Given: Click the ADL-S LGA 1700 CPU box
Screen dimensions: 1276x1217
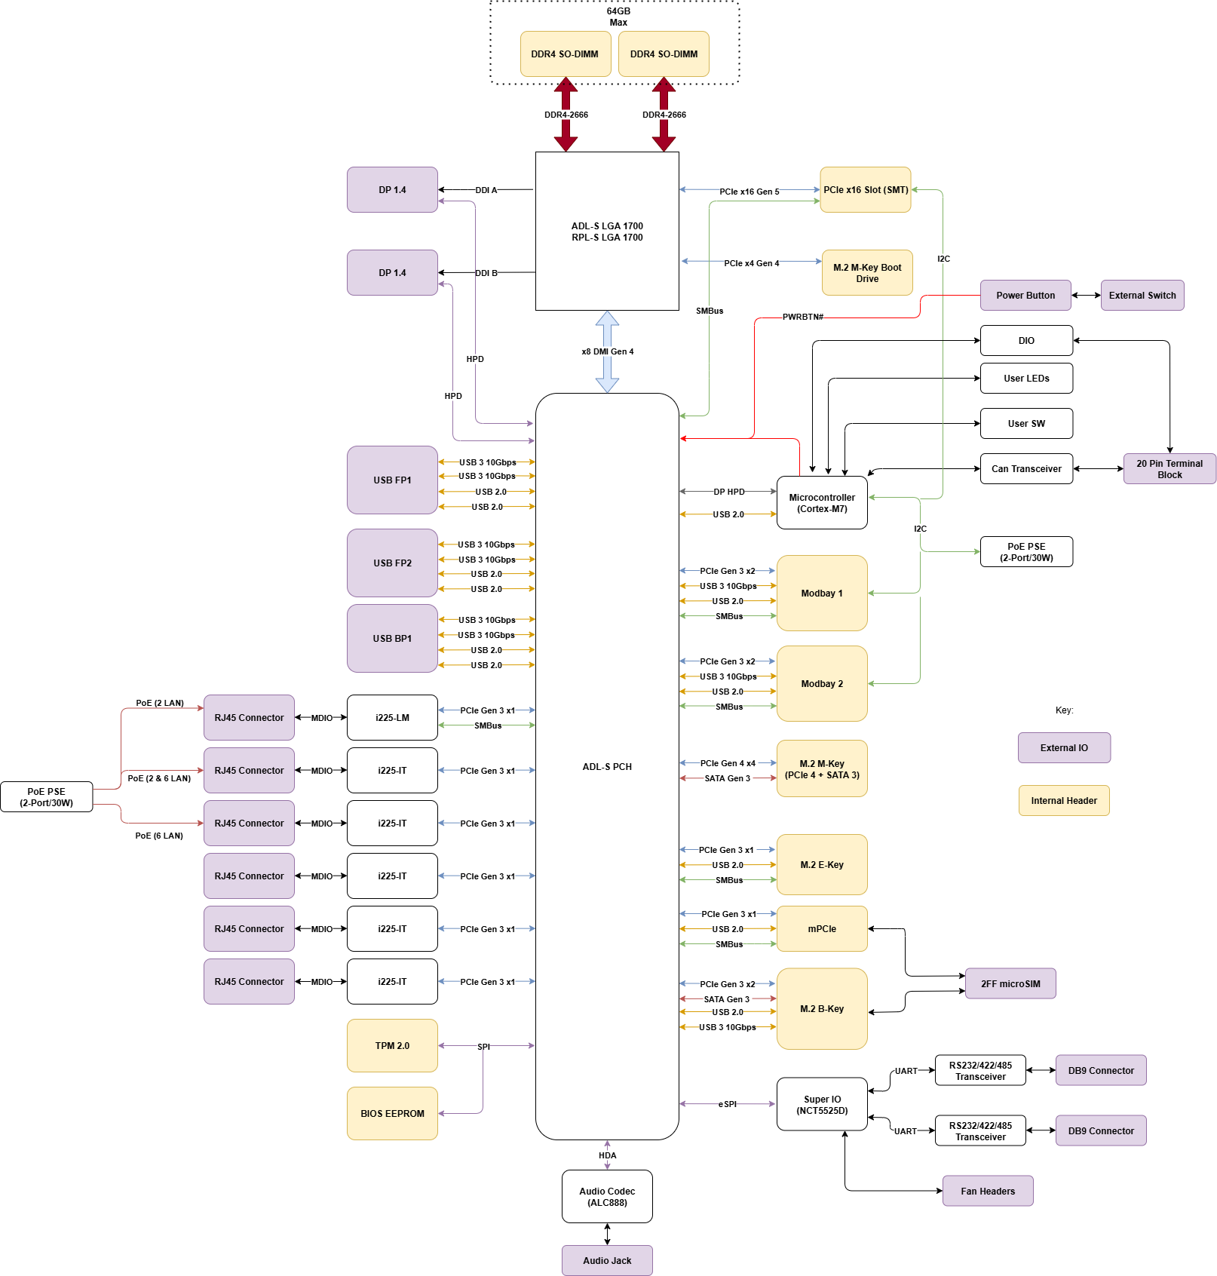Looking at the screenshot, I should click(607, 231).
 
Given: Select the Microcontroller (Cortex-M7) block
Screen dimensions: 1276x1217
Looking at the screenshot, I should click(822, 502).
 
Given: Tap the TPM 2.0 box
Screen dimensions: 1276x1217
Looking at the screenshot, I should click(392, 1045).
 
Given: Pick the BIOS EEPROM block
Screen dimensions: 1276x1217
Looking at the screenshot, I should click(392, 1113).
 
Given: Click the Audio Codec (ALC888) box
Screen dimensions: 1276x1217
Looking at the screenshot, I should click(607, 1196).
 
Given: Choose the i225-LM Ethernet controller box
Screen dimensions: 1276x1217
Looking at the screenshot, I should click(392, 717).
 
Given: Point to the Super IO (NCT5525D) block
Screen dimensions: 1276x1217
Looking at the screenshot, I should click(822, 1104).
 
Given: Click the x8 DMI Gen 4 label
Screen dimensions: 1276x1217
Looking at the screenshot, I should click(607, 351).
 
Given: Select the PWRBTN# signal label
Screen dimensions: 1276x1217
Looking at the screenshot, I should click(802, 317).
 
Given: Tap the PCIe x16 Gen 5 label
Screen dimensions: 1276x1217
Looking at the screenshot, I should click(749, 192).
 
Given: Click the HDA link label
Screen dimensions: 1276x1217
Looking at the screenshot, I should click(607, 1155).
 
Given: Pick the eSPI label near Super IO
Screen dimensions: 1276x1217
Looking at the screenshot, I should click(727, 1104).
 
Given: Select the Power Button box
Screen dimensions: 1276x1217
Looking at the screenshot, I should click(1025, 295).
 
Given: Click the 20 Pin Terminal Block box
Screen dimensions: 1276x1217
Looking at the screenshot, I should click(1169, 468).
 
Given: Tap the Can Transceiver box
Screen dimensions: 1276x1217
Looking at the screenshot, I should click(1026, 468).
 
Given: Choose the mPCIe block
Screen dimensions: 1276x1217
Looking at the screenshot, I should click(822, 928).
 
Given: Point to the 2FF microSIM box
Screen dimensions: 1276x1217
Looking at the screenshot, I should click(1010, 983).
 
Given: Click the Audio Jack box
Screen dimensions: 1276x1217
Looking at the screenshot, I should click(607, 1260).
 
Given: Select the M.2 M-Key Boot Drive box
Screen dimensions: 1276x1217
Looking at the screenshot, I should click(867, 272).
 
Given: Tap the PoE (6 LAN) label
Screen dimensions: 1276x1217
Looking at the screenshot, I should click(159, 836).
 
